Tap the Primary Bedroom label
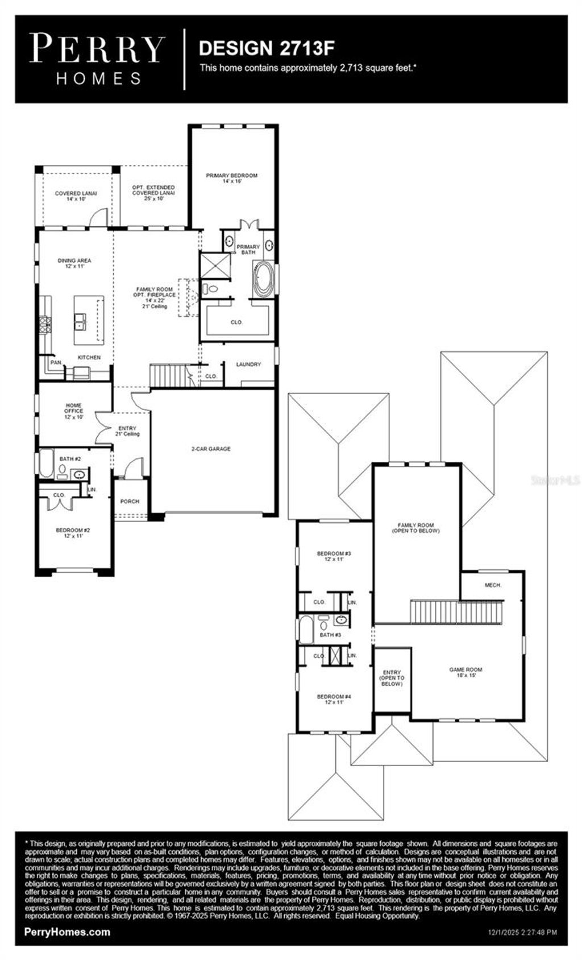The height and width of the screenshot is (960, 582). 232,178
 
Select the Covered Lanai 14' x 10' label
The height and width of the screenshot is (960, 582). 76,196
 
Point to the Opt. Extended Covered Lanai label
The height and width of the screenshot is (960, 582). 153,193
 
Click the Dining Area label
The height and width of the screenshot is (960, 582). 74,263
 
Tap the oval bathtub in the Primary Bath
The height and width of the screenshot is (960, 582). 263,279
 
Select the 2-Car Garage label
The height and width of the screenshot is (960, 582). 211,449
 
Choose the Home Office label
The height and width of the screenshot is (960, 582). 74,411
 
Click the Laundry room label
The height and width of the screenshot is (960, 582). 248,364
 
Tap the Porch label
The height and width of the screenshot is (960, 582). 130,501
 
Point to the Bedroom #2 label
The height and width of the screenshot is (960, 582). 73,532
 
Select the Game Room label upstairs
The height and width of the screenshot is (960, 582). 465,672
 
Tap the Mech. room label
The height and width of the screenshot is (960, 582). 493,585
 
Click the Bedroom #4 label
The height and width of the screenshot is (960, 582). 334,699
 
